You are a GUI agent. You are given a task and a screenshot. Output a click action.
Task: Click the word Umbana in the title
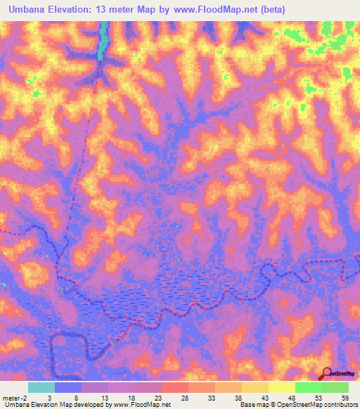[26, 9]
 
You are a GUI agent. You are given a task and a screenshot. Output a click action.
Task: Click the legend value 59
[344, 397]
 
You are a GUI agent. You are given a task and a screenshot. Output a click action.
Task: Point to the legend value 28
[184, 397]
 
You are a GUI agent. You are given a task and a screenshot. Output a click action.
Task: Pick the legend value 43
[264, 397]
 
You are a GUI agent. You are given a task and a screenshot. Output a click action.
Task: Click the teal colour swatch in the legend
[41, 387]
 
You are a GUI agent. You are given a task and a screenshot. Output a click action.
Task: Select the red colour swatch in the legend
[175, 387]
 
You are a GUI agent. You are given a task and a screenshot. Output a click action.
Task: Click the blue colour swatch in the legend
[68, 387]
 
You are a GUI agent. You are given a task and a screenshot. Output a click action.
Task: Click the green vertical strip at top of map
[103, 39]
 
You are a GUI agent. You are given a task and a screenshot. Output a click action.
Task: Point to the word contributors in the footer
[340, 405]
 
